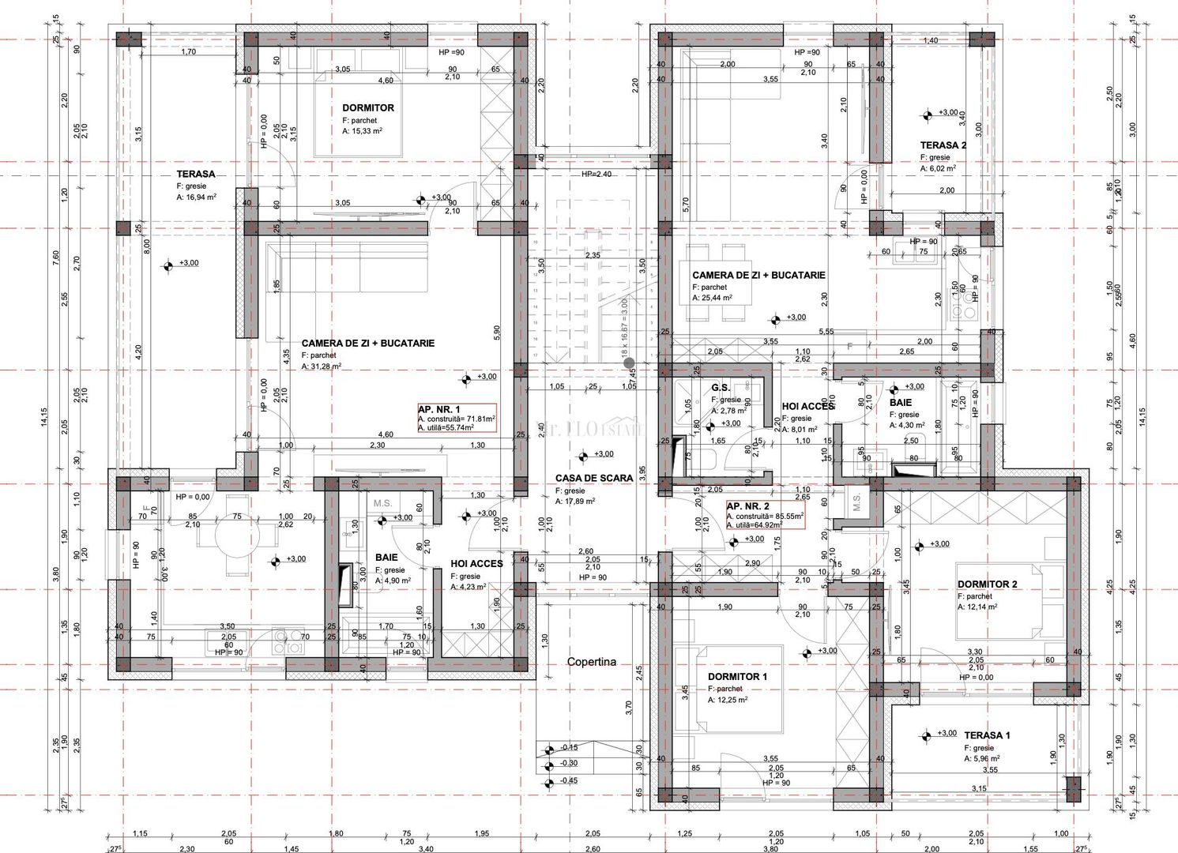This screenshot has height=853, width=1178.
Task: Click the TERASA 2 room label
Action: click(943, 145)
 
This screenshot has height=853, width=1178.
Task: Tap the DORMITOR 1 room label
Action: click(736, 677)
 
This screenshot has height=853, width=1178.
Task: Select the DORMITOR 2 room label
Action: click(987, 584)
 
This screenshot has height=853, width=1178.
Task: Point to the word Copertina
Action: click(592, 662)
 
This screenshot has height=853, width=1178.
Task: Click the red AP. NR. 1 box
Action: click(457, 418)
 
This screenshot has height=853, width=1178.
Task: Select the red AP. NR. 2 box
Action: click(764, 514)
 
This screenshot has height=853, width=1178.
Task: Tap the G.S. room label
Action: click(720, 388)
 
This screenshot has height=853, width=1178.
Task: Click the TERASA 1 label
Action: click(987, 735)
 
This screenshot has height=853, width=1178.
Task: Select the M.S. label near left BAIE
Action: click(383, 503)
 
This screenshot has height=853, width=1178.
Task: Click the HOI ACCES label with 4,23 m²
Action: click(476, 564)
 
